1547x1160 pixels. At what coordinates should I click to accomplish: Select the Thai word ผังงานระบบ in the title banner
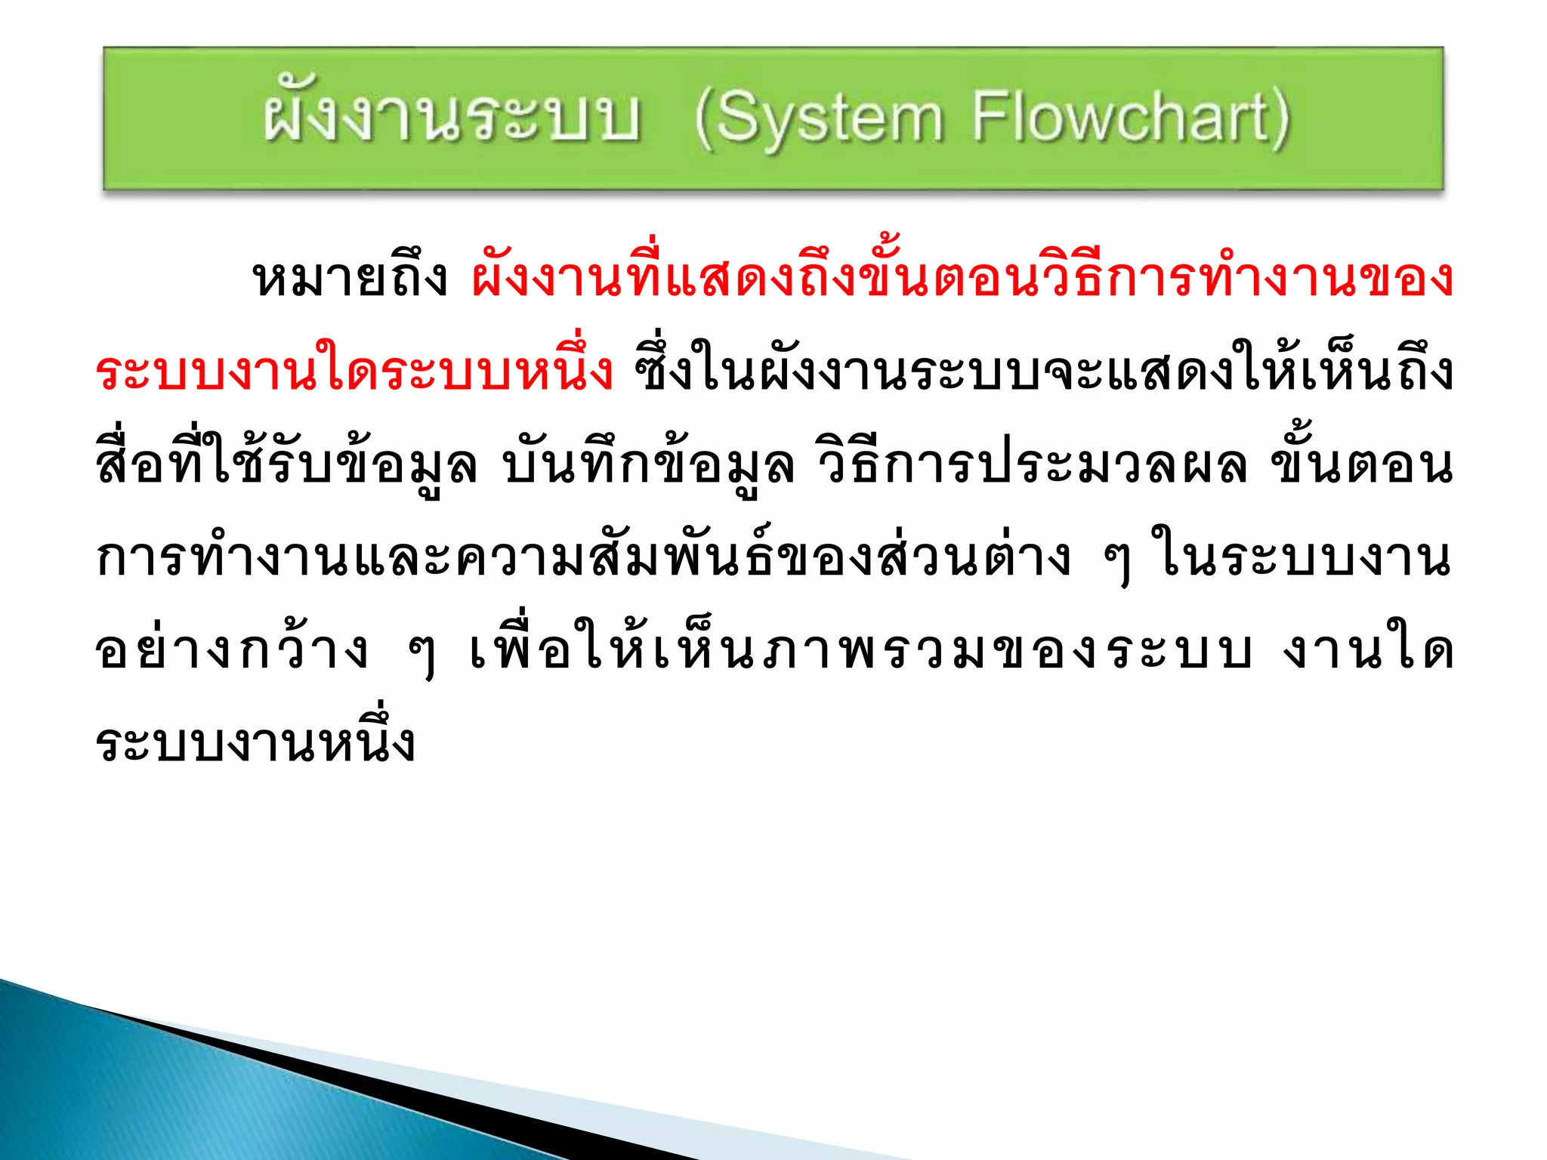[x=452, y=119]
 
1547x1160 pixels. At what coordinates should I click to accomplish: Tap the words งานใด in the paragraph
[x=1367, y=651]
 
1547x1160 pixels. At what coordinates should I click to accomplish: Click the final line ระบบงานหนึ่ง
[x=255, y=743]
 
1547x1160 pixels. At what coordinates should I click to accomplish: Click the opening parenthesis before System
[x=703, y=121]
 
